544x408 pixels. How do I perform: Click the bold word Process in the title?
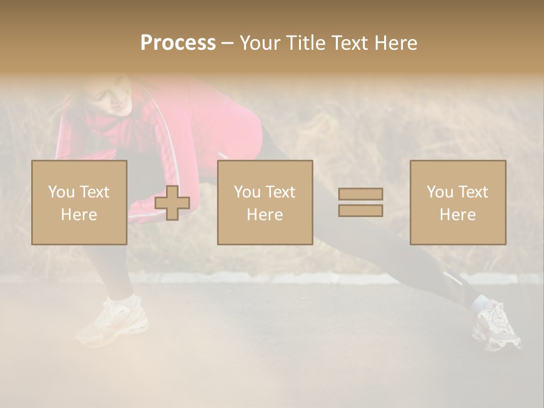click(x=178, y=43)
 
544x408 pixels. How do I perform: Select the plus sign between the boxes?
click(x=172, y=203)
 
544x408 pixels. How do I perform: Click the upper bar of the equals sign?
click(x=360, y=194)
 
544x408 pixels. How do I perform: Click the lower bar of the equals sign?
click(x=360, y=210)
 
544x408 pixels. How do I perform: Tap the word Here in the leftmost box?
click(x=79, y=215)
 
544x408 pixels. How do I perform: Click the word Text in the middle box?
click(x=280, y=192)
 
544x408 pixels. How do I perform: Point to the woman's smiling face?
click(x=116, y=100)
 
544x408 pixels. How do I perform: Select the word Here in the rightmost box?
click(x=457, y=215)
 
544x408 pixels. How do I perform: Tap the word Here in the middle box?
click(x=265, y=215)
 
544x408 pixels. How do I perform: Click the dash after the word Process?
click(x=227, y=43)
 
